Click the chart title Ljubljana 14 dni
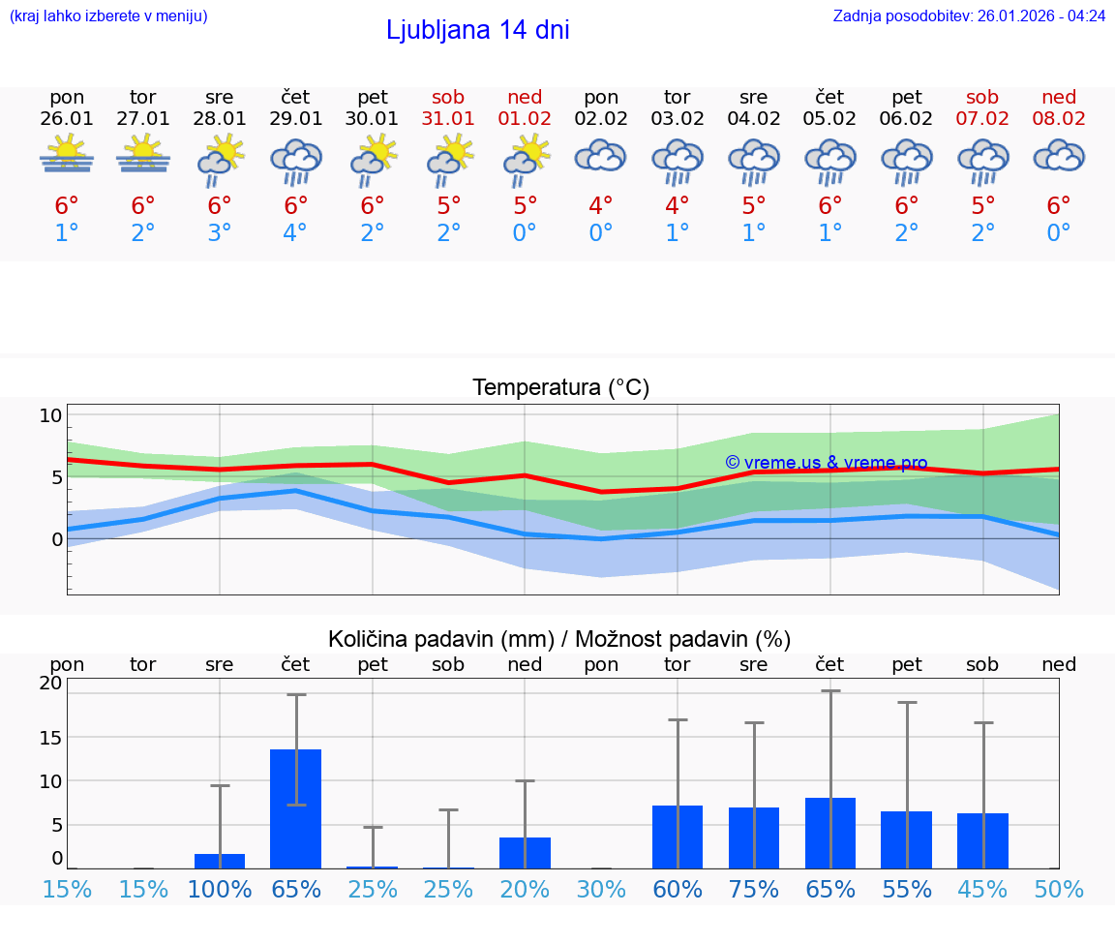(x=477, y=30)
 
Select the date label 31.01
(x=448, y=118)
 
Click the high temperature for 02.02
(x=600, y=205)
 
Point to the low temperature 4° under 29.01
(x=295, y=232)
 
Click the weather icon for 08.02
(x=1059, y=157)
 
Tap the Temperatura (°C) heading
(x=560, y=387)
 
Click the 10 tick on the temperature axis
(x=50, y=415)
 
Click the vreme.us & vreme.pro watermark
(x=826, y=463)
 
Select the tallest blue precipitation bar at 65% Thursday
(x=295, y=808)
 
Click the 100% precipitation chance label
(x=220, y=889)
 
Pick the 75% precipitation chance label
(x=754, y=889)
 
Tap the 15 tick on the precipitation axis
(x=50, y=737)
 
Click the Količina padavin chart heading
(x=559, y=639)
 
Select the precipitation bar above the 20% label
(x=525, y=853)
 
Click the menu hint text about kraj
(x=108, y=15)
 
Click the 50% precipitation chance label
(x=1059, y=889)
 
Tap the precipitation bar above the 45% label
(x=982, y=840)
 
